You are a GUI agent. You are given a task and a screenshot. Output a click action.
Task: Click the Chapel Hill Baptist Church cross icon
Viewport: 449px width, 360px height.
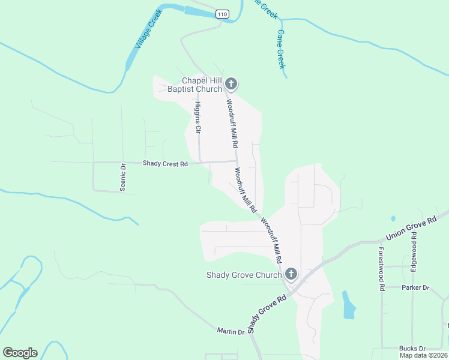(231, 85)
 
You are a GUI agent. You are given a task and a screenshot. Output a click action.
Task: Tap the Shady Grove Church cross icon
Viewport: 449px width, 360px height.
(291, 275)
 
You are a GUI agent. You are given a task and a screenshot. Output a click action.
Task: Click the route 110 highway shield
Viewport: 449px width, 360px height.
(223, 14)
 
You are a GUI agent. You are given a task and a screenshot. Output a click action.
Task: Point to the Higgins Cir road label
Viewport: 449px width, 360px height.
(197, 117)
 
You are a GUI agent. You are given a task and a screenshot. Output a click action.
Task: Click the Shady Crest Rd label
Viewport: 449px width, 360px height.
(165, 163)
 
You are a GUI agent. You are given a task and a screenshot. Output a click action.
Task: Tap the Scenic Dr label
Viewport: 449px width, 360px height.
(122, 178)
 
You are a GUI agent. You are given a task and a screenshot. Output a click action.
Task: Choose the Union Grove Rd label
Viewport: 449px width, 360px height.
(412, 230)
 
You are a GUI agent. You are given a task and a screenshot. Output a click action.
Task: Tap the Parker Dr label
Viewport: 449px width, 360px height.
(415, 287)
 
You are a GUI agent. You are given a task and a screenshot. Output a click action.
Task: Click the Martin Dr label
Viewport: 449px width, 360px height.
(231, 331)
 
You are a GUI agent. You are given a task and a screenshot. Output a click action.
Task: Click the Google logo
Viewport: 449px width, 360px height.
(20, 353)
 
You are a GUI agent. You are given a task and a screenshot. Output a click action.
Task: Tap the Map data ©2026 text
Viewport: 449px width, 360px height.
(423, 355)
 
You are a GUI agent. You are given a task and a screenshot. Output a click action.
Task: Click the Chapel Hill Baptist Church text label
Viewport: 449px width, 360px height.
(194, 85)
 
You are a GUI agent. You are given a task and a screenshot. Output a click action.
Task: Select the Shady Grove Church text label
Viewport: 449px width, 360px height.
(244, 275)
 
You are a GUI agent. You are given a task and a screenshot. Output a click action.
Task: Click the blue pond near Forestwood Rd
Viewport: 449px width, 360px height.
(348, 305)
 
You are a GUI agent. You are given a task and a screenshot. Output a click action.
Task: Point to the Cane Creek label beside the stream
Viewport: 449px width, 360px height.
(280, 49)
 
